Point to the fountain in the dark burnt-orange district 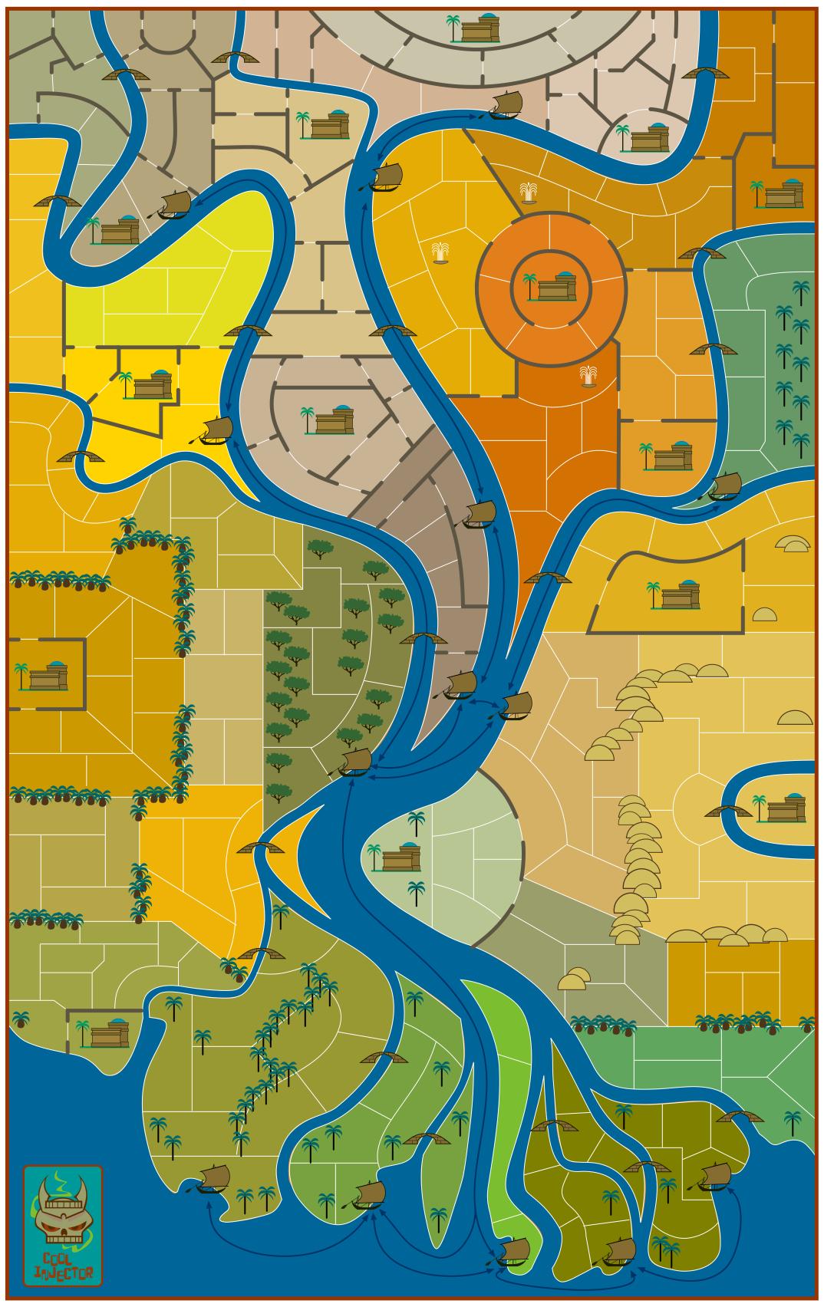coord(588,376)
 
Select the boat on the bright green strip coord(513,1251)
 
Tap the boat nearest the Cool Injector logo coord(213,1178)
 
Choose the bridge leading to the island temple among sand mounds coord(728,812)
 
